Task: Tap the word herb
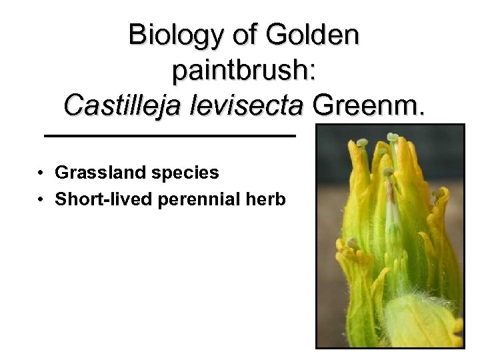pos(269,199)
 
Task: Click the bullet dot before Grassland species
pos(41,173)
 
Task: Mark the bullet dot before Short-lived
pos(41,199)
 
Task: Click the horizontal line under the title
pos(169,136)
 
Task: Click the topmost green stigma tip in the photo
pos(393,138)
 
